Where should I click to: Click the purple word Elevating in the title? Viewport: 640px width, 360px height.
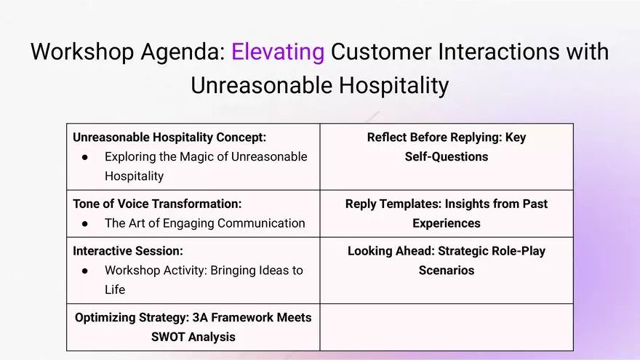click(x=277, y=52)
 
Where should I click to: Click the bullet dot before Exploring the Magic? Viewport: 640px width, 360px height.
click(x=85, y=157)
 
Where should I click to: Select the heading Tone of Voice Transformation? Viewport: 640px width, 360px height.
click(x=157, y=204)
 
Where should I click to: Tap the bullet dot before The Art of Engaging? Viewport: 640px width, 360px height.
click(x=85, y=224)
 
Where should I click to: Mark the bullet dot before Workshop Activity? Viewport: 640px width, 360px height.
click(x=85, y=271)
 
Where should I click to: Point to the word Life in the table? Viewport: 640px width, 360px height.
click(x=115, y=289)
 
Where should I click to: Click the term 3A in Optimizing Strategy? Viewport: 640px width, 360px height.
click(x=199, y=318)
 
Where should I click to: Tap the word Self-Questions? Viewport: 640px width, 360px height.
click(x=447, y=156)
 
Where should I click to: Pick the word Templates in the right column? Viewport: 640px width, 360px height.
click(x=409, y=204)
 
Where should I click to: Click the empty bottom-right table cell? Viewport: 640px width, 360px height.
click(x=447, y=327)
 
